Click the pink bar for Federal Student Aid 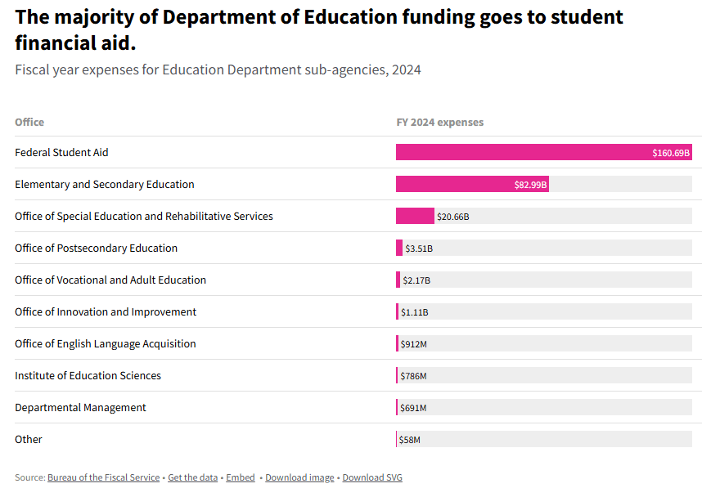click(524, 153)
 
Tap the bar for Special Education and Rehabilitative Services click(415, 216)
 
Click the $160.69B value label click(671, 153)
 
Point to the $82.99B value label click(530, 185)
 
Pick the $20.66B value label click(453, 217)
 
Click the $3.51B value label click(419, 248)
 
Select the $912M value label click(413, 344)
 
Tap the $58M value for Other click(409, 440)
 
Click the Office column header click(29, 123)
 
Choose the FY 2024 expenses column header click(439, 123)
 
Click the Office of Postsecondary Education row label click(96, 248)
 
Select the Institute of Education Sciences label click(88, 376)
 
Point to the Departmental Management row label click(80, 408)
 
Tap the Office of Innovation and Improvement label click(106, 312)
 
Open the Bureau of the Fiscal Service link click(103, 477)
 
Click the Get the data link click(192, 477)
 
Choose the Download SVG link click(372, 477)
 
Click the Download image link click(299, 477)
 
